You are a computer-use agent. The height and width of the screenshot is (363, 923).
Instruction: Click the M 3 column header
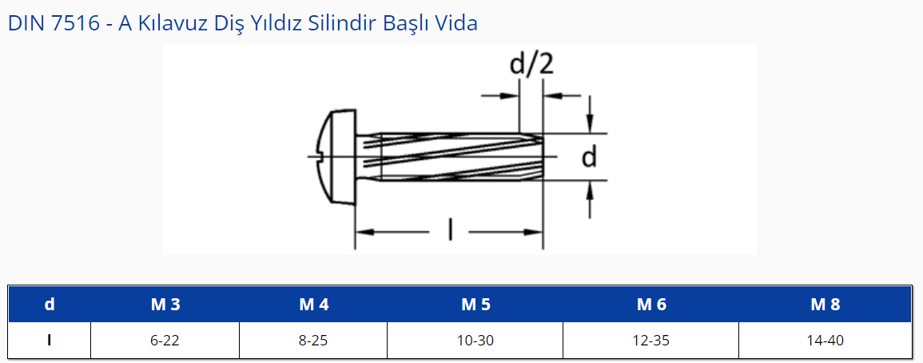[x=165, y=305]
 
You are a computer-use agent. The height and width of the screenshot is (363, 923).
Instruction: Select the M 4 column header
[x=314, y=305]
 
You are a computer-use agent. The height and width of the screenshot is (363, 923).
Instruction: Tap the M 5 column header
[x=475, y=305]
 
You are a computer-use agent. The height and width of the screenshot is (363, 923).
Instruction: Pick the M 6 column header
[x=651, y=305]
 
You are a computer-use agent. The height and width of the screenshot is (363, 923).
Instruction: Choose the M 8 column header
[x=826, y=305]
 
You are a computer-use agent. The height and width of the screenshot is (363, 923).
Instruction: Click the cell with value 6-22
[x=165, y=341]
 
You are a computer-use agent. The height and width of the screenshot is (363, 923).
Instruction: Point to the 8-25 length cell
[x=314, y=341]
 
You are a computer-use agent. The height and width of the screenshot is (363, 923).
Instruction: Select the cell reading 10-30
[x=475, y=341]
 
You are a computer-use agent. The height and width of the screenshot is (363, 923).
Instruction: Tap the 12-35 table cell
[x=651, y=341]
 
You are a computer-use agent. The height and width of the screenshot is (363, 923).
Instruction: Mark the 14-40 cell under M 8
[x=826, y=341]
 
